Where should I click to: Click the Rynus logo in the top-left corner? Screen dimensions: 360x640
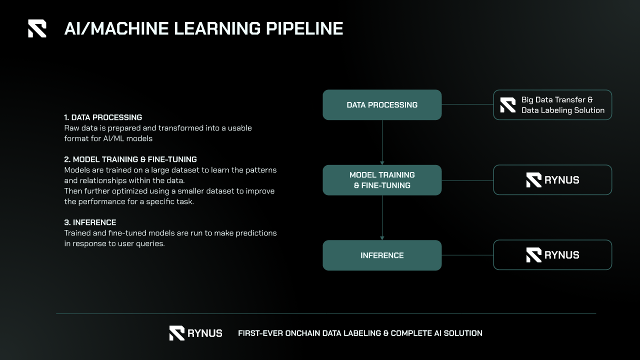37,28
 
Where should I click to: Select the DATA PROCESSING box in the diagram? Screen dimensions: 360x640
382,105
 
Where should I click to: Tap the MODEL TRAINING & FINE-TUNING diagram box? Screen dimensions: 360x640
382,180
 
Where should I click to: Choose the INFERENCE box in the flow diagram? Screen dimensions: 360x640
382,255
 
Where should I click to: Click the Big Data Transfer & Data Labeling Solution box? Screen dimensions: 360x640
552,105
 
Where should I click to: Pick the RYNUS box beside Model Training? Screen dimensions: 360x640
552,180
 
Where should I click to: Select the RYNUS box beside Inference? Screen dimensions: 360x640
552,255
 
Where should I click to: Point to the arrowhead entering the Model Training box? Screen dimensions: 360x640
382,162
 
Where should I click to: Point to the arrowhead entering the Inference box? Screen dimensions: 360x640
382,238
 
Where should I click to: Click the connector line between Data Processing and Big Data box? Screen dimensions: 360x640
467,105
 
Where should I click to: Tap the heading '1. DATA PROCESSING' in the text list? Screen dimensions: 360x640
103,117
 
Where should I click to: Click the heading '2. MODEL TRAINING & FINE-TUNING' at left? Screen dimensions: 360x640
130,159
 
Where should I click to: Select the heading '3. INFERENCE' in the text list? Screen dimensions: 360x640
90,222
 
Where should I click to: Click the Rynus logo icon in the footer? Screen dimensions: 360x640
177,333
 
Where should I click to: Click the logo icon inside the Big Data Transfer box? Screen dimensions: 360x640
508,105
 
